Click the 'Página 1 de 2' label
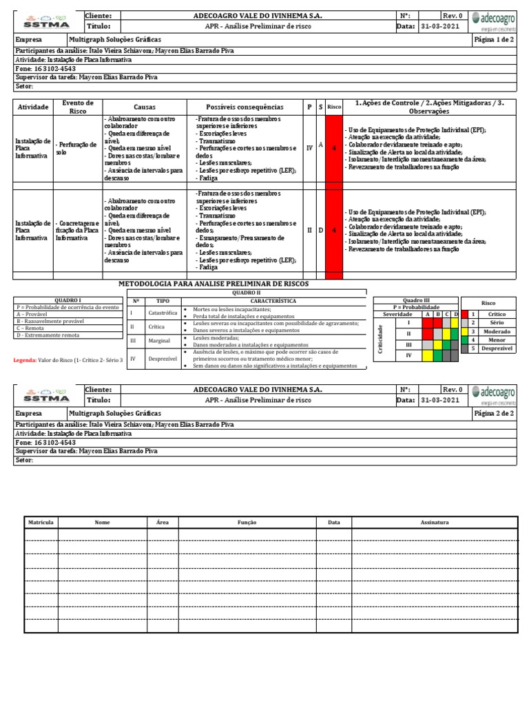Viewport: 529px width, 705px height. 495,40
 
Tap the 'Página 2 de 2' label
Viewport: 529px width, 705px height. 495,413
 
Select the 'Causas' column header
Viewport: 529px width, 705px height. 145,107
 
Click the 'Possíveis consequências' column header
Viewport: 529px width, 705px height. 245,107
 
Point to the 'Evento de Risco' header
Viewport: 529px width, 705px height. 78,107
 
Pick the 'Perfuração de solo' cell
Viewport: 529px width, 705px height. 76,148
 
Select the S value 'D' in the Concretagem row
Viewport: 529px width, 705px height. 321,230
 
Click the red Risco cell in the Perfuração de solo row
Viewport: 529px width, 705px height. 334,148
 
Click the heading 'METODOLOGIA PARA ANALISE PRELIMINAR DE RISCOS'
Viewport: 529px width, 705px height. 214,284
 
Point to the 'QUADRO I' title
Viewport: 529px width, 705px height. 68,300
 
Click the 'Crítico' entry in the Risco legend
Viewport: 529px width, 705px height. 497,314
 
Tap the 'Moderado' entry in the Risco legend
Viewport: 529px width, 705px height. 497,331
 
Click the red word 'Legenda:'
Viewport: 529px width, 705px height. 26,360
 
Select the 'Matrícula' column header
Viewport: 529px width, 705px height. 41,523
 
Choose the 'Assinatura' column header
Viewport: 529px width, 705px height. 434,523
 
